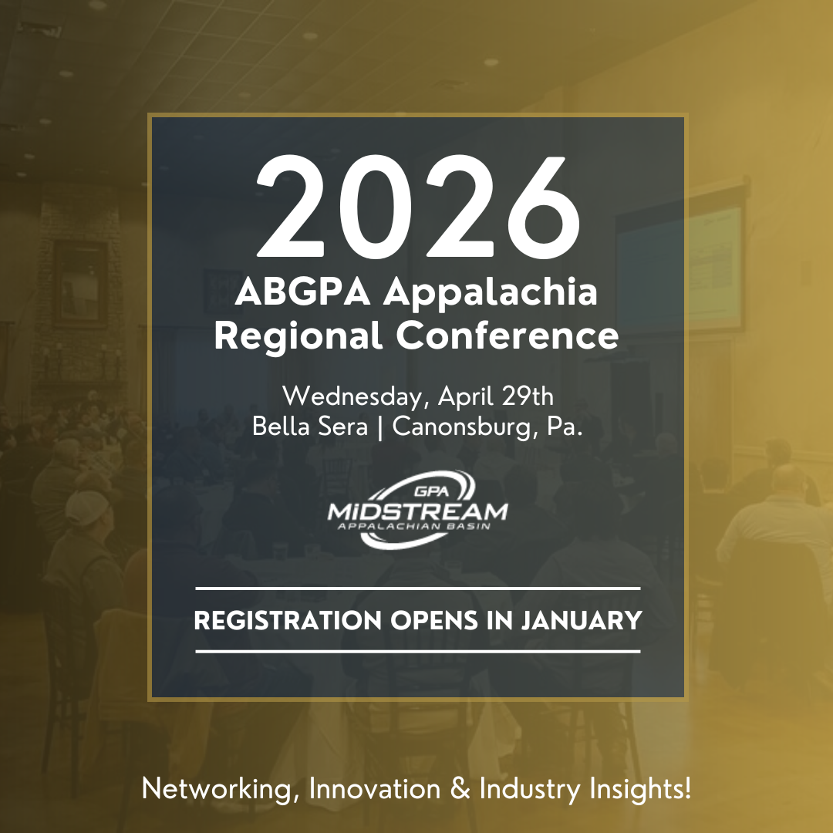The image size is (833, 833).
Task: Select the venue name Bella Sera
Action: (x=310, y=427)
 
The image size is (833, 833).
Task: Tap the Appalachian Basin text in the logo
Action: (x=417, y=528)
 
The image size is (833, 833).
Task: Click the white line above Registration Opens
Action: (x=417, y=588)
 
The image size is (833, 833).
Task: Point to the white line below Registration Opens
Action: (x=417, y=652)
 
